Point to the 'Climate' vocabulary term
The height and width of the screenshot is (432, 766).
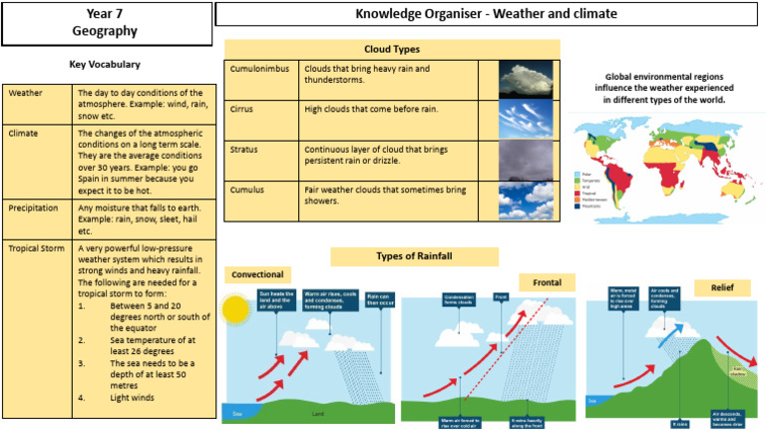[23, 132]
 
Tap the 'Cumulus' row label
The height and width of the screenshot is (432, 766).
[247, 189]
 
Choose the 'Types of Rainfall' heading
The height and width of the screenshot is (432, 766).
[414, 256]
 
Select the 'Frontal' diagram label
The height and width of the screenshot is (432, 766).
[547, 282]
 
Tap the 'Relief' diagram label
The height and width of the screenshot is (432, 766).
[722, 287]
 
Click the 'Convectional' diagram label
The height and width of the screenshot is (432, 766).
[259, 274]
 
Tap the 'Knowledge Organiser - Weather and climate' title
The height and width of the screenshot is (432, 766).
[486, 14]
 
